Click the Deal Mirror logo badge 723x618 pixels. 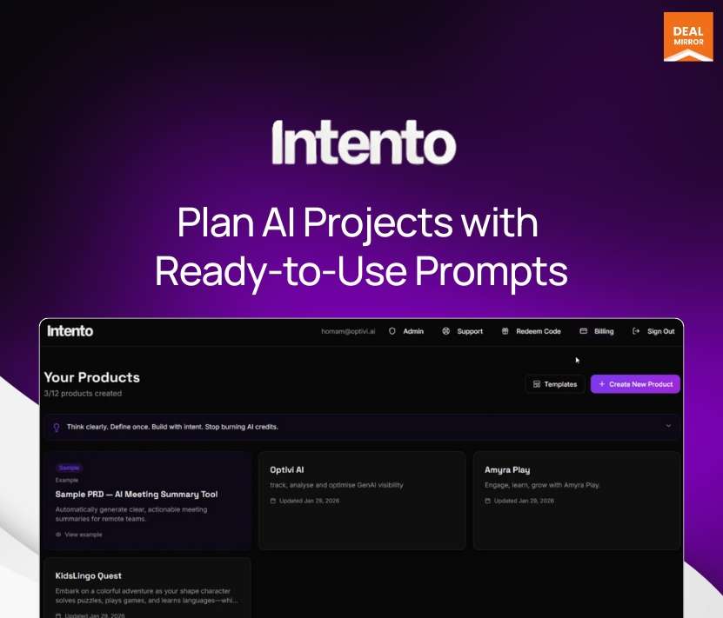point(687,37)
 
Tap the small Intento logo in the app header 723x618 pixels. point(70,331)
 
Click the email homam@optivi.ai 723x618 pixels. point(348,331)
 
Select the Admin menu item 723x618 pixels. point(407,331)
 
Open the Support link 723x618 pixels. point(463,331)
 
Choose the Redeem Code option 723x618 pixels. point(532,331)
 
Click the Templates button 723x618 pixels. point(555,384)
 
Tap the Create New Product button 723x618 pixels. point(635,384)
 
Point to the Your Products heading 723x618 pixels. point(92,377)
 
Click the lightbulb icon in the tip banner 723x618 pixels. point(57,428)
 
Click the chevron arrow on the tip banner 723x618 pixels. point(668,426)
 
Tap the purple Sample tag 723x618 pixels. point(69,468)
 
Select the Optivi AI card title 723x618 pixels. point(287,470)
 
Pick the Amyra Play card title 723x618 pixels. point(507,470)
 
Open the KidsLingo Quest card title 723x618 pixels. point(89,575)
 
